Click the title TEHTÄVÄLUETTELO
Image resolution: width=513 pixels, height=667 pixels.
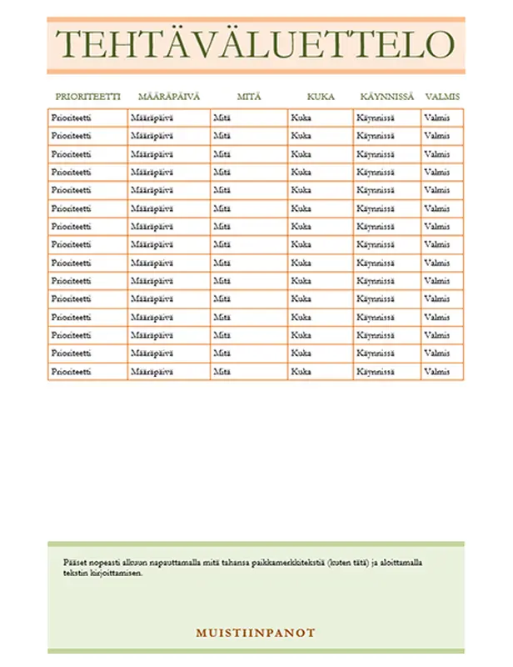pos(256,45)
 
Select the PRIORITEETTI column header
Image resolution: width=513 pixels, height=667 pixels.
pos(87,97)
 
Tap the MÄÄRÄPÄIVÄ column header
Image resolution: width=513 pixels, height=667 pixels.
pos(169,97)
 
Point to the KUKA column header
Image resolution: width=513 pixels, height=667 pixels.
pos(321,97)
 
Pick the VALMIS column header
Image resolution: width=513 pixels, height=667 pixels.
pos(442,97)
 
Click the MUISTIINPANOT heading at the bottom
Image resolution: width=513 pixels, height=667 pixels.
pos(256,633)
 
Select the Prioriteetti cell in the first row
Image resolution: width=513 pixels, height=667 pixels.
pos(71,118)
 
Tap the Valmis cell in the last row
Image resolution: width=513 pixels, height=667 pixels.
pos(436,372)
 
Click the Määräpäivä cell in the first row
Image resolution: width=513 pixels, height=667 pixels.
pos(152,118)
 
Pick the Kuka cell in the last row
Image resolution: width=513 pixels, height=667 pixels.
pos(301,372)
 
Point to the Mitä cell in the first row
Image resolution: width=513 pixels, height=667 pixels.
pos(222,118)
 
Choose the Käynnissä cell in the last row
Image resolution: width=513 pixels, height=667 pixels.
pos(376,372)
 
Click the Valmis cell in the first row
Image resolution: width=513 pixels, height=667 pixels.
pos(436,118)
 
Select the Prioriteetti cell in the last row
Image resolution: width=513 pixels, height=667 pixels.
pos(71,372)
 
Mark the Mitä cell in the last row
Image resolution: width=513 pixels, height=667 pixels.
pos(222,372)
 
